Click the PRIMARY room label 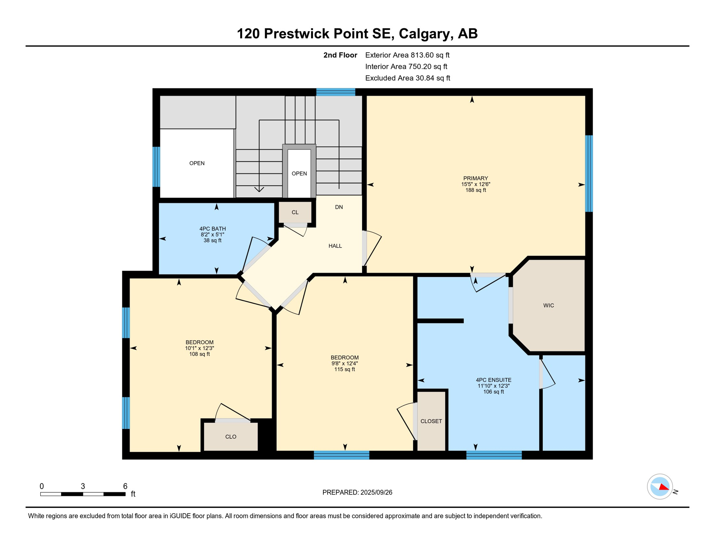475,178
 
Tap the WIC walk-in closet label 548,305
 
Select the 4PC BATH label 213,229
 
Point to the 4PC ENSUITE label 493,380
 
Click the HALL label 335,246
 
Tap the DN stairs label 339,207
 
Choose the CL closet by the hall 295,212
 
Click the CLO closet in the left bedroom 231,437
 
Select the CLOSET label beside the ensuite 431,421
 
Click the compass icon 660,487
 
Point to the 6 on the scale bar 125,486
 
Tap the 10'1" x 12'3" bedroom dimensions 200,348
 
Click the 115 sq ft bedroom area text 345,369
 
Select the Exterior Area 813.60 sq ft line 407,55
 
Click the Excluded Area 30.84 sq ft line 407,78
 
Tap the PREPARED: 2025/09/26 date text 357,492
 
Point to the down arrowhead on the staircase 259,189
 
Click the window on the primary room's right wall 589,173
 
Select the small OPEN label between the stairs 299,174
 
